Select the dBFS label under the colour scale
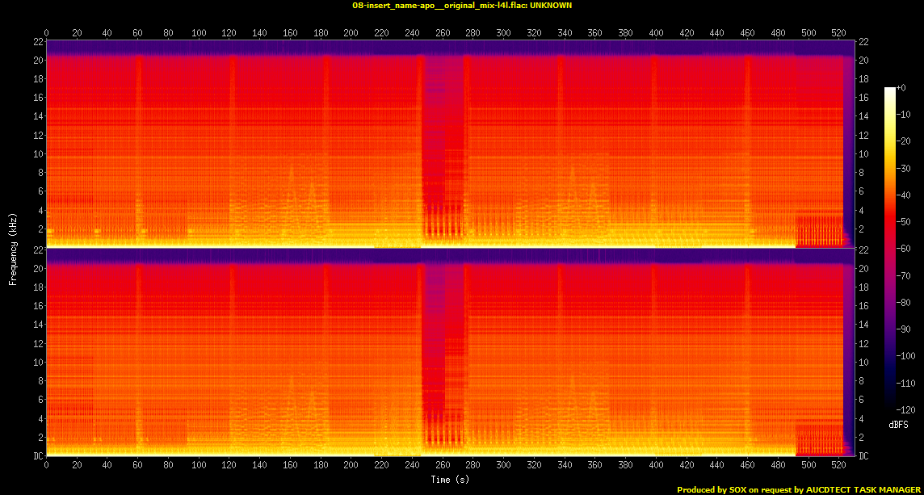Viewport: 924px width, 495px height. pos(897,423)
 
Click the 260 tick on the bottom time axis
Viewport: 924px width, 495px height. pos(442,466)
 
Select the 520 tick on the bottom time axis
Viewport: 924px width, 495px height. pos(838,466)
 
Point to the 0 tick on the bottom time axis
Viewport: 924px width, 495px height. pos(46,466)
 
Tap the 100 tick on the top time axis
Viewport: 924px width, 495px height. pos(199,32)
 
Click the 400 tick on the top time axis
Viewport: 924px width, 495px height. pos(655,32)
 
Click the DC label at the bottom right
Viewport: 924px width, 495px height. pos(863,456)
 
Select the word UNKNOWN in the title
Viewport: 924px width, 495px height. pos(552,5)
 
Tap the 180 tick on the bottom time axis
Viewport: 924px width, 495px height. pos(320,466)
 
